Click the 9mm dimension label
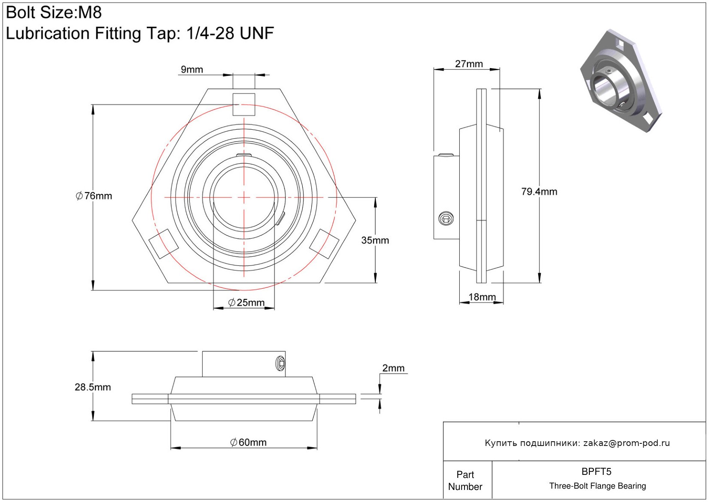click(x=192, y=69)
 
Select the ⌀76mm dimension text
click(x=94, y=196)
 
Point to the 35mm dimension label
click(x=375, y=240)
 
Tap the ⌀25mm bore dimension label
click(x=246, y=302)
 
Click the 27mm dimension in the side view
click(x=469, y=64)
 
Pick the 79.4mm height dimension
click(x=539, y=192)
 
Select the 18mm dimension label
click(x=482, y=297)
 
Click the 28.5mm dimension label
click(x=93, y=387)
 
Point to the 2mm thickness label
click(x=393, y=368)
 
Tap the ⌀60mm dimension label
click(x=248, y=443)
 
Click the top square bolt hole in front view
click(x=244, y=104)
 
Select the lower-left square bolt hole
click(x=164, y=243)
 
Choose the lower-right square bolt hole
click(x=324, y=243)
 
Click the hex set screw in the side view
click(x=446, y=218)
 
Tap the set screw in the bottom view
click(x=281, y=364)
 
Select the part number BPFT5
click(x=596, y=471)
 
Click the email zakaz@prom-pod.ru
click(x=626, y=443)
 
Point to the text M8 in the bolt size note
click(x=90, y=12)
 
